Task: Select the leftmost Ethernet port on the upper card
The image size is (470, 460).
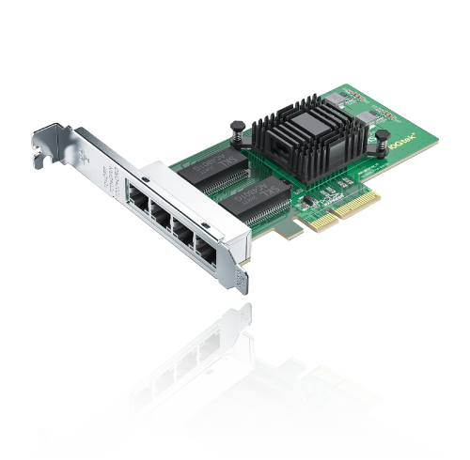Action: point(133,198)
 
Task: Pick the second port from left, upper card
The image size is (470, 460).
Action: point(158,213)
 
